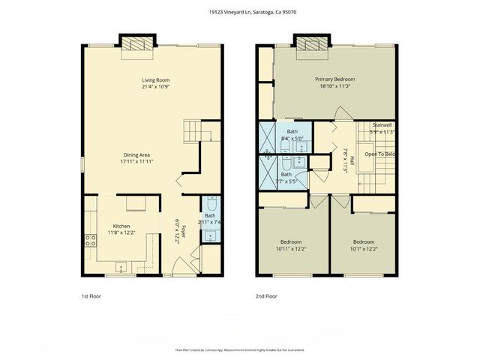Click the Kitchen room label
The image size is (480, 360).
121,226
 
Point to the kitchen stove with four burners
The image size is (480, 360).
90,241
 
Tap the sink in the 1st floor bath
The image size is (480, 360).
210,235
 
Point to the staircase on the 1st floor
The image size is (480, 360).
196,132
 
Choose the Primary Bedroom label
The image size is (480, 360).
334,79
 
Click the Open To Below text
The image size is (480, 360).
380,154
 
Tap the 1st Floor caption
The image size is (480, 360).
91,296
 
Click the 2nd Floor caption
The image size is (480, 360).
266,296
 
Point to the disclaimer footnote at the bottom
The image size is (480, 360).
240,349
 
